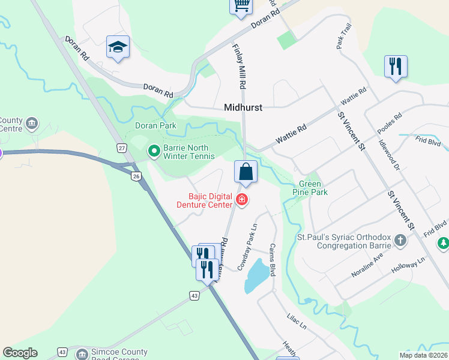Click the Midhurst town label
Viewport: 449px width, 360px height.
point(244,108)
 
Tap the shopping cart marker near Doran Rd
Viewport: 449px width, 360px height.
point(241,6)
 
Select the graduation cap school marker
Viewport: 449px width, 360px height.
point(118,47)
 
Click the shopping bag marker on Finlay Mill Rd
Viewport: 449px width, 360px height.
point(246,172)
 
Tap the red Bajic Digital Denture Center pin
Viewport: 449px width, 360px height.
point(242,200)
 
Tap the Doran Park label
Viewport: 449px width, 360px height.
point(155,125)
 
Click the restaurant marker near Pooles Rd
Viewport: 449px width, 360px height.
point(396,67)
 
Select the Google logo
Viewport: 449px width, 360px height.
point(20,353)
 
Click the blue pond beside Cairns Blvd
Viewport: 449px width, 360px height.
point(256,275)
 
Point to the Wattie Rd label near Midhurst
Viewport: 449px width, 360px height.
point(292,133)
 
